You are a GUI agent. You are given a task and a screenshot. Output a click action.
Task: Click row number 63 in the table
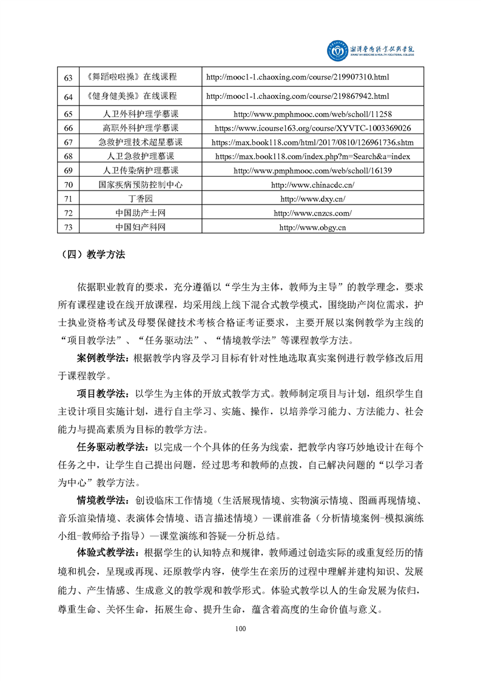(x=68, y=78)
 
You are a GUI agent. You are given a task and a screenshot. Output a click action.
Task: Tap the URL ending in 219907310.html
(x=297, y=78)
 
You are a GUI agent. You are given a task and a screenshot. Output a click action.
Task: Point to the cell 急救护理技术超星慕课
(x=140, y=142)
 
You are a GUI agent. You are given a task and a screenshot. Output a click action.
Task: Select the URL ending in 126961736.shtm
(x=312, y=142)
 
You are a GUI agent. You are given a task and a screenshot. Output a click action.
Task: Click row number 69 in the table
(x=68, y=171)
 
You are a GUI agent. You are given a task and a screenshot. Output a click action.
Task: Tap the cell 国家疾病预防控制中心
(x=140, y=185)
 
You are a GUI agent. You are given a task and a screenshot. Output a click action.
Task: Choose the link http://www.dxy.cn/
(x=312, y=198)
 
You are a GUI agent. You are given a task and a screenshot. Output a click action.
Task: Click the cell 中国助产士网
(x=140, y=213)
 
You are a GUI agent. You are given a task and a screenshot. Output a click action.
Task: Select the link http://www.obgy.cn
(x=312, y=227)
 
